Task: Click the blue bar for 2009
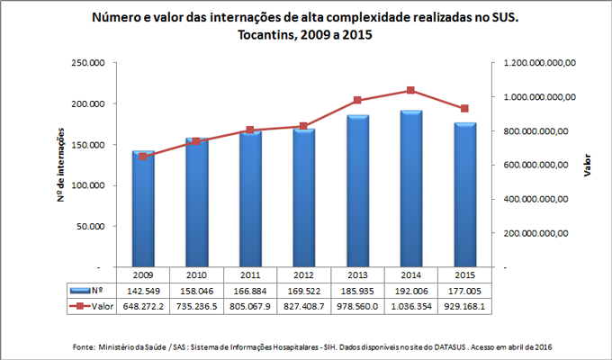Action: (x=143, y=209)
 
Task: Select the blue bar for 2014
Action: (x=410, y=189)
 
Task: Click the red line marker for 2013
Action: (x=357, y=100)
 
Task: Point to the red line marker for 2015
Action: (x=464, y=109)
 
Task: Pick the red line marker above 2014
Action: (x=410, y=90)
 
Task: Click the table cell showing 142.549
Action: (x=143, y=292)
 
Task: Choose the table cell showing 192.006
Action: (x=410, y=292)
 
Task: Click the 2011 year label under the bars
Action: (x=250, y=275)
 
